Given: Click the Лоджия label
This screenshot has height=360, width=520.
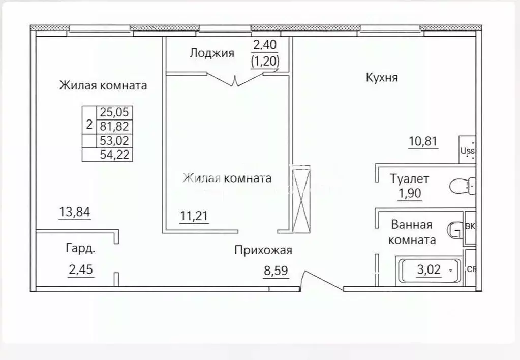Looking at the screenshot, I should click(212, 53).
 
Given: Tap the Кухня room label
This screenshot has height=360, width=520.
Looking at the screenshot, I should click(381, 78).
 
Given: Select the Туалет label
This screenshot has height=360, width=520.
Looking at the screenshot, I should click(410, 178).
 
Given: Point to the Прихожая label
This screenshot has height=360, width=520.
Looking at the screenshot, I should click(263, 250).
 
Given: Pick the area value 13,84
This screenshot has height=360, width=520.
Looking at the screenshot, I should click(75, 213).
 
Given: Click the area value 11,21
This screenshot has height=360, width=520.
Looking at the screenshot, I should click(194, 217).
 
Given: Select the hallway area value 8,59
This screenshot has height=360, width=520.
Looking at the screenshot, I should click(276, 271).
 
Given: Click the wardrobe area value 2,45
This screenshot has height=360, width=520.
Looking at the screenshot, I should click(82, 269).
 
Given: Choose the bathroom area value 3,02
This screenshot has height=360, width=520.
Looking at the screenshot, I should click(429, 269).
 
